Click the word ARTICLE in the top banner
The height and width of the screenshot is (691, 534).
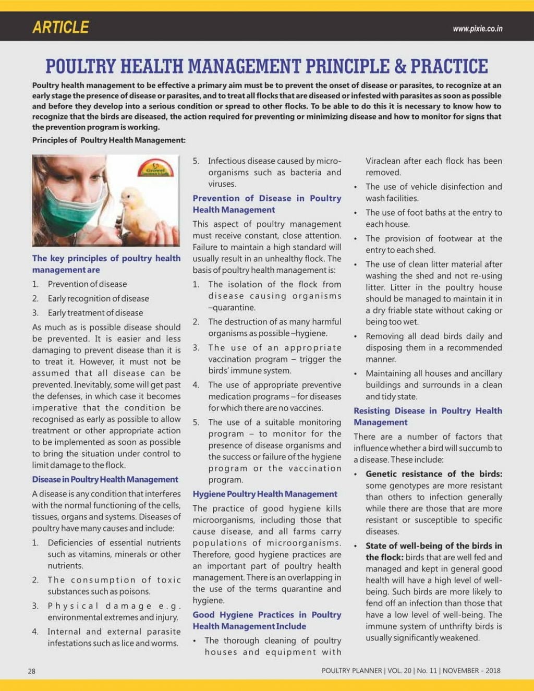[x=60, y=27]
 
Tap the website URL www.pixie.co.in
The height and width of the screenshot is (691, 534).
[x=477, y=29]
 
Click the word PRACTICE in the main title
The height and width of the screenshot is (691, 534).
[x=449, y=66]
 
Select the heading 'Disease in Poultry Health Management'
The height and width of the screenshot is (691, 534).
[x=105, y=479]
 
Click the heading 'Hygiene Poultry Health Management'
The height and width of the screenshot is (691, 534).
[x=265, y=494]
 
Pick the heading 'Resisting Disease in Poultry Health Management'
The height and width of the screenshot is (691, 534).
[x=428, y=416]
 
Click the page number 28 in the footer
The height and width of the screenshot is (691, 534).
[x=32, y=671]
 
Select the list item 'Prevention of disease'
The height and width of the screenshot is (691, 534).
[x=87, y=284]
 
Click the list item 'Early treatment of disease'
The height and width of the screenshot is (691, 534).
[x=95, y=313]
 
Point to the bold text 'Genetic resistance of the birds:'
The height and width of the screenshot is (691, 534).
[x=433, y=474]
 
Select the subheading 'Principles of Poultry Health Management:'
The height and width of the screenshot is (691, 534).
[x=108, y=140]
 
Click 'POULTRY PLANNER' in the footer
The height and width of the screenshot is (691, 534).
[x=351, y=671]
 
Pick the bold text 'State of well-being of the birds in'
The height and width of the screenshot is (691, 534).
[x=433, y=546]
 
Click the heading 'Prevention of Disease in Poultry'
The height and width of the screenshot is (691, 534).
[x=266, y=198]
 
